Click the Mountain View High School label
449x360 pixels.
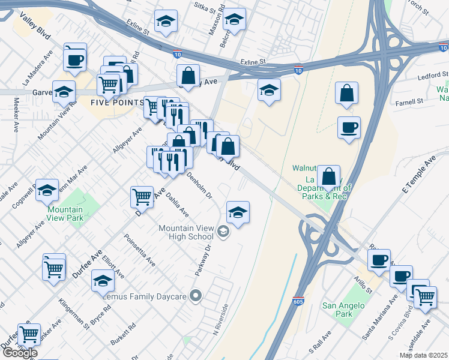(x=185, y=232)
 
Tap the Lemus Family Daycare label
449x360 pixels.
(x=145, y=296)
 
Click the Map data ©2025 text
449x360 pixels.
(x=423, y=355)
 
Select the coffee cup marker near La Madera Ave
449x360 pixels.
(x=75, y=59)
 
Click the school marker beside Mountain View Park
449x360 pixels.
(x=47, y=190)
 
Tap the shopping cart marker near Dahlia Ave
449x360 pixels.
(x=142, y=196)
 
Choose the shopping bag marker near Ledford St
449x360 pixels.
(x=347, y=93)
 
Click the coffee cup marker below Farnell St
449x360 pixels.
(x=349, y=127)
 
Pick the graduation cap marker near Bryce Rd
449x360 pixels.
(x=103, y=280)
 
